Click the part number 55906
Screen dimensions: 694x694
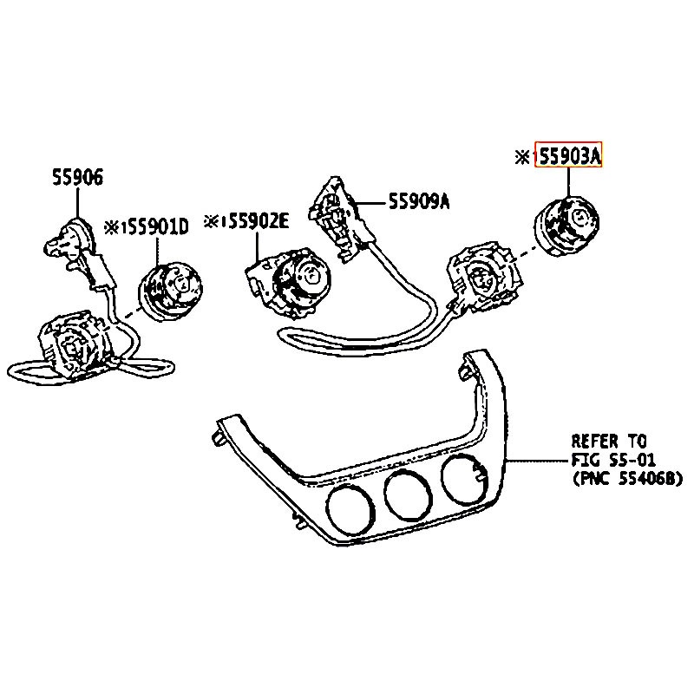(x=76, y=179)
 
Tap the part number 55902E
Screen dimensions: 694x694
(x=258, y=222)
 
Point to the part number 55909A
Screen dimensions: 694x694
(x=419, y=201)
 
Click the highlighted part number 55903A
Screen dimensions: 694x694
(x=569, y=156)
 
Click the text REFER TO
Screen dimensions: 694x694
(x=608, y=441)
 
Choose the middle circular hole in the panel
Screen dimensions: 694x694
(x=408, y=494)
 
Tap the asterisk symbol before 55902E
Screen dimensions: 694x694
(x=211, y=222)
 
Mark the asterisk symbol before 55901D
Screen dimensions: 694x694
(x=112, y=227)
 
